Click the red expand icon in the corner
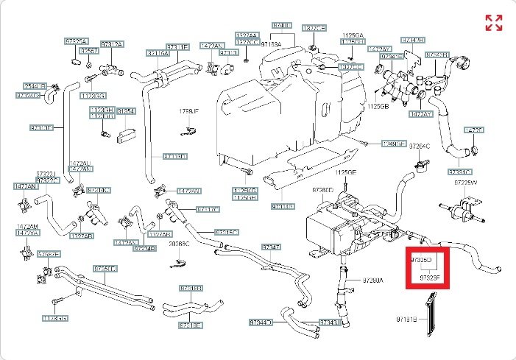[493, 23]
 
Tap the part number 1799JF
[189, 111]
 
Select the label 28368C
[179, 243]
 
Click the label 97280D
[322, 191]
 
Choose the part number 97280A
[373, 280]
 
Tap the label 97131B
[407, 320]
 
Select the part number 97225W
[465, 182]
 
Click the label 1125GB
[377, 106]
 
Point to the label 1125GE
[346, 172]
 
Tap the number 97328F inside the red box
[430, 278]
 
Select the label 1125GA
[353, 35]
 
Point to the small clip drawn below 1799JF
[189, 132]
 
